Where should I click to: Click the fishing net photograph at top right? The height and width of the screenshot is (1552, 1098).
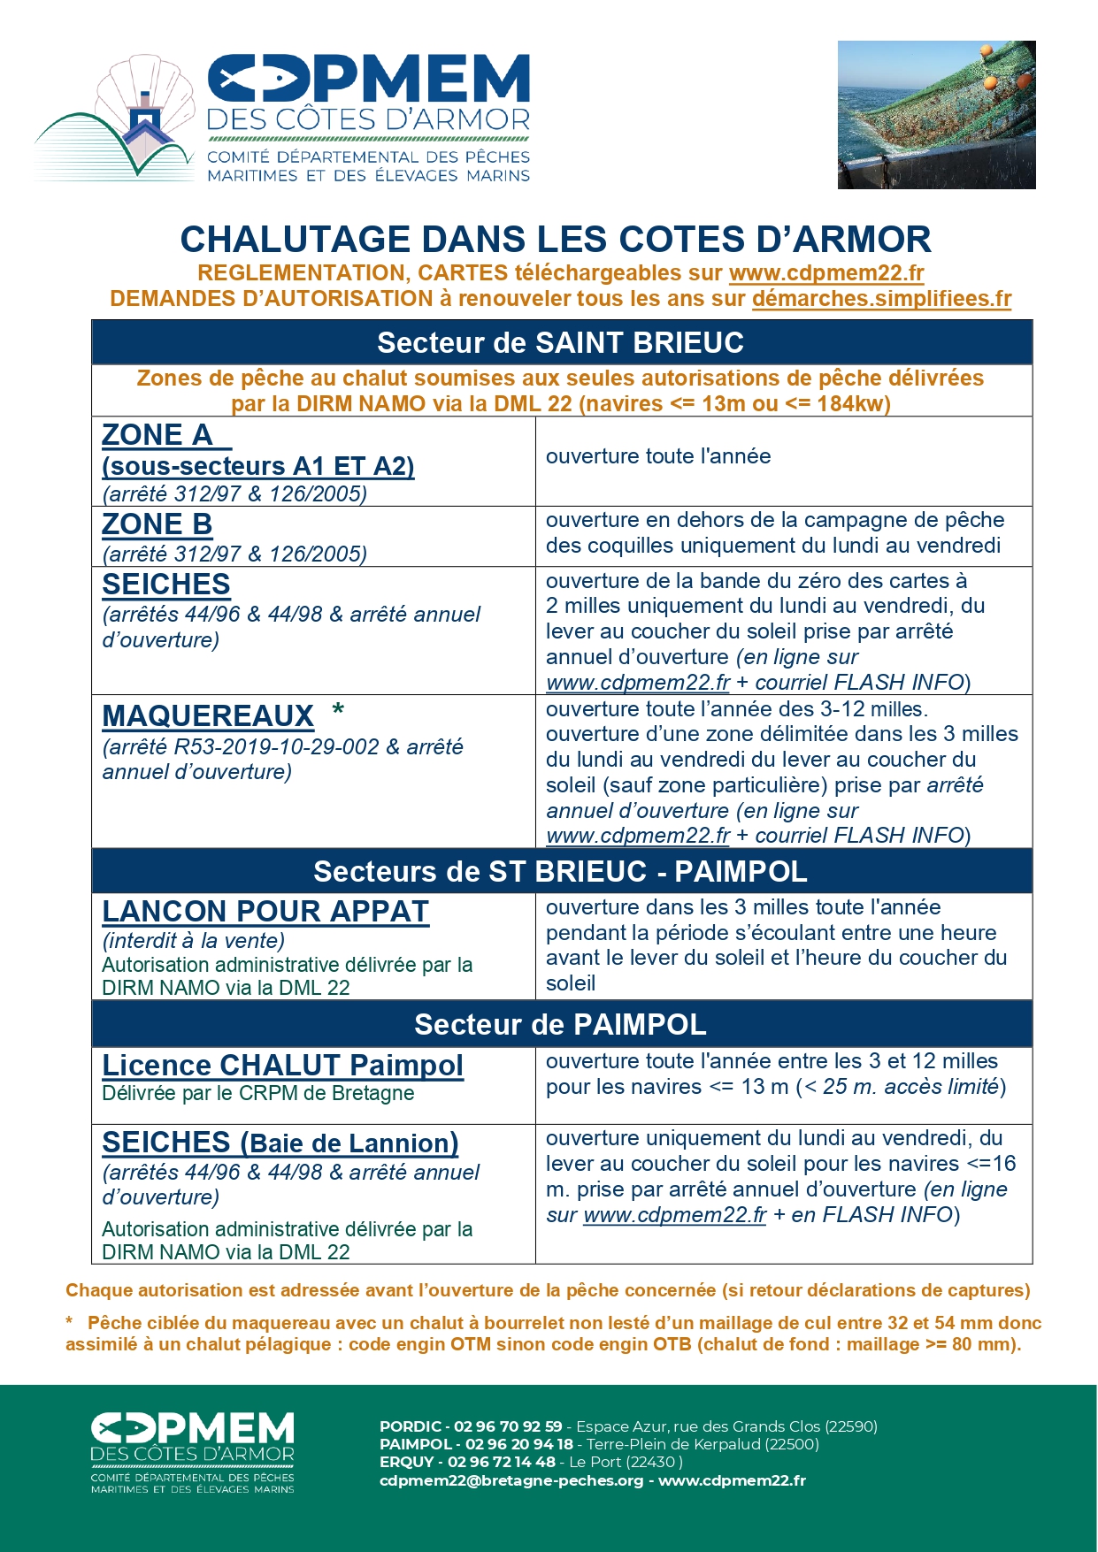(936, 114)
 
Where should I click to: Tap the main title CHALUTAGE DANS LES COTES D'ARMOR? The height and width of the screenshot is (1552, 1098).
(555, 240)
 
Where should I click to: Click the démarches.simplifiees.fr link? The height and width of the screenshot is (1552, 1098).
(881, 299)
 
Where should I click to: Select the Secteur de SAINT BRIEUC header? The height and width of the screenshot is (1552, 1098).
(561, 342)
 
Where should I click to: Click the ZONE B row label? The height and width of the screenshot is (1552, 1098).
(157, 524)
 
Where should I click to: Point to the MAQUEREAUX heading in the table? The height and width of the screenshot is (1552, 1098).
(208, 715)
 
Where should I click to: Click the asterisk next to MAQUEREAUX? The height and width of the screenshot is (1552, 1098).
(337, 711)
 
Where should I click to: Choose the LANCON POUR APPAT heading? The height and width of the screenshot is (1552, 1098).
(265, 912)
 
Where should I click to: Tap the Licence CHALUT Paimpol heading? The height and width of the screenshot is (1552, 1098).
(282, 1065)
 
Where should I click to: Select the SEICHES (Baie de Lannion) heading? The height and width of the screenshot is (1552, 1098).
(280, 1143)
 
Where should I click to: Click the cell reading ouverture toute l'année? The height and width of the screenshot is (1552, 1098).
(658, 456)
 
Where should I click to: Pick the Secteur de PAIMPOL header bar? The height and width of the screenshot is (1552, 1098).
(561, 1024)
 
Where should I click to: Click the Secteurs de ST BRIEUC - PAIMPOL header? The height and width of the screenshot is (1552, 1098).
(561, 872)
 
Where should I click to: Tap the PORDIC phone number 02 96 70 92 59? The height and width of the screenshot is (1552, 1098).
(508, 1426)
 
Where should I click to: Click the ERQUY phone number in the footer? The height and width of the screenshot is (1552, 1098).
(501, 1462)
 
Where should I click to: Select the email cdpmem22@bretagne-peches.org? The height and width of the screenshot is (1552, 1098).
(511, 1480)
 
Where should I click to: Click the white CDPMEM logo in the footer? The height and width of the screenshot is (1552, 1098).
(193, 1453)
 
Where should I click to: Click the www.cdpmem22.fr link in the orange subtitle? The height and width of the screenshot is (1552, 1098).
(826, 273)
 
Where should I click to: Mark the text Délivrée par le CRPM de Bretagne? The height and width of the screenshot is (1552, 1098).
(257, 1093)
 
